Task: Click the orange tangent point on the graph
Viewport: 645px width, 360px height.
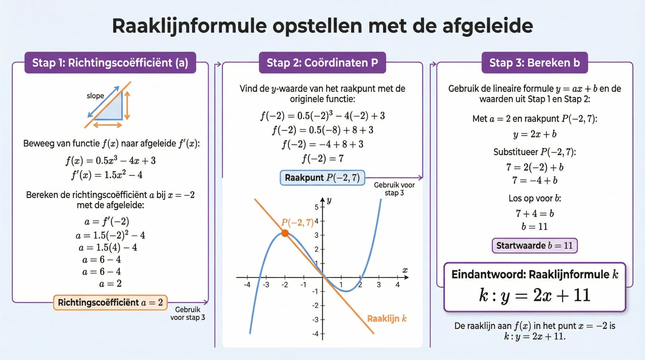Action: pyautogui.click(x=285, y=233)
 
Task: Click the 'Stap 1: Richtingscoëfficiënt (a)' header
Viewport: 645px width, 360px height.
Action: pyautogui.click(x=110, y=63)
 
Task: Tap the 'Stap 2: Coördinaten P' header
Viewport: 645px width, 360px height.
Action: pyautogui.click(x=322, y=63)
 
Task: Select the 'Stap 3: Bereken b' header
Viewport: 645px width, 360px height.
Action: pyautogui.click(x=534, y=63)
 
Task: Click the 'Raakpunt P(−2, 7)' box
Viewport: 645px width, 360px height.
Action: pyautogui.click(x=322, y=178)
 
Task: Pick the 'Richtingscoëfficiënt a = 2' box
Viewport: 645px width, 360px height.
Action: pyautogui.click(x=110, y=303)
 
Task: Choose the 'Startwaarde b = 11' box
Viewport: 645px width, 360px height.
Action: pyautogui.click(x=534, y=245)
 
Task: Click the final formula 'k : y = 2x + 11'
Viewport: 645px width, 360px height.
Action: pyautogui.click(x=534, y=295)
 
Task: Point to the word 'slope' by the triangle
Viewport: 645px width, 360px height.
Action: pyautogui.click(x=95, y=96)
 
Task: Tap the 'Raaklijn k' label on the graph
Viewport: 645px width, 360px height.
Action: pyautogui.click(x=387, y=318)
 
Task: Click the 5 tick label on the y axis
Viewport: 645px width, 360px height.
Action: pyautogui.click(x=316, y=207)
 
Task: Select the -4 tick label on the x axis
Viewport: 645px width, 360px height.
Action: pyautogui.click(x=247, y=285)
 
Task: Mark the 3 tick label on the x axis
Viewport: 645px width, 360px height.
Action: pyautogui.click(x=379, y=285)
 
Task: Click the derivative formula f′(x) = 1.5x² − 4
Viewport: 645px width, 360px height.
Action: pyautogui.click(x=107, y=175)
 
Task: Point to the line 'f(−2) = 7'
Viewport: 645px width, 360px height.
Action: pyautogui.click(x=322, y=159)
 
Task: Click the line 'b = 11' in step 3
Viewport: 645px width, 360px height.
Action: pyautogui.click(x=534, y=227)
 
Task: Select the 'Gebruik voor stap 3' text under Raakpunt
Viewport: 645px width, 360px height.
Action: pyautogui.click(x=394, y=189)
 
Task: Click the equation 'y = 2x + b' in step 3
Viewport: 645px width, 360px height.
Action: pyautogui.click(x=534, y=134)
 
